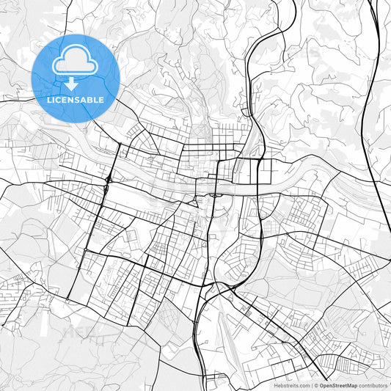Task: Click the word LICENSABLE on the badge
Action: point(75,100)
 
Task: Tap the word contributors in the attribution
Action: point(373,384)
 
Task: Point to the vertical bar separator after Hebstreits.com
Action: point(311,384)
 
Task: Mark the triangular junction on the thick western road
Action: point(108,179)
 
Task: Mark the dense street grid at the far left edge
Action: point(15,290)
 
